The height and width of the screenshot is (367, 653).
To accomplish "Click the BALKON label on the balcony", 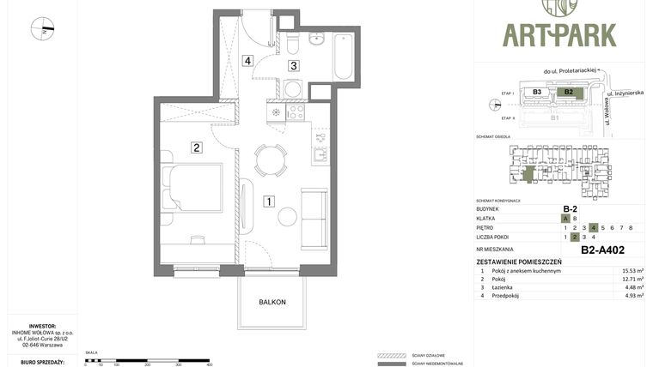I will (272, 302).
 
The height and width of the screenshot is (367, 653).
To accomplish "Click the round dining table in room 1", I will (271, 160).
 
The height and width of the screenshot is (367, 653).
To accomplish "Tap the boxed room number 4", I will (247, 61).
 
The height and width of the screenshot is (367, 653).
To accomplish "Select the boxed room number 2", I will (197, 147).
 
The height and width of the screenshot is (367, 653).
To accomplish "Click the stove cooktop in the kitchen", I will (296, 111).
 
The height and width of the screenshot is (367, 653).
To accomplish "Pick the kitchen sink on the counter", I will (320, 156).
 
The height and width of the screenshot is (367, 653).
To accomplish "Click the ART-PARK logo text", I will (559, 35).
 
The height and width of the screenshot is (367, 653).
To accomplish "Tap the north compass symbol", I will (42, 29).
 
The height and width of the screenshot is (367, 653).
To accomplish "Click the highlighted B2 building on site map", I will (567, 92).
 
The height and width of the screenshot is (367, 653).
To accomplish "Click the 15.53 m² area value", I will (633, 270).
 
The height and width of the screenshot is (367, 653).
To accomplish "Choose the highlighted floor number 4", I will (593, 227).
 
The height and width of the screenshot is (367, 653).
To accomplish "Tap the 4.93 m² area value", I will (633, 296).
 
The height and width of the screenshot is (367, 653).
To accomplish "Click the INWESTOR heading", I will (42, 326).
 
